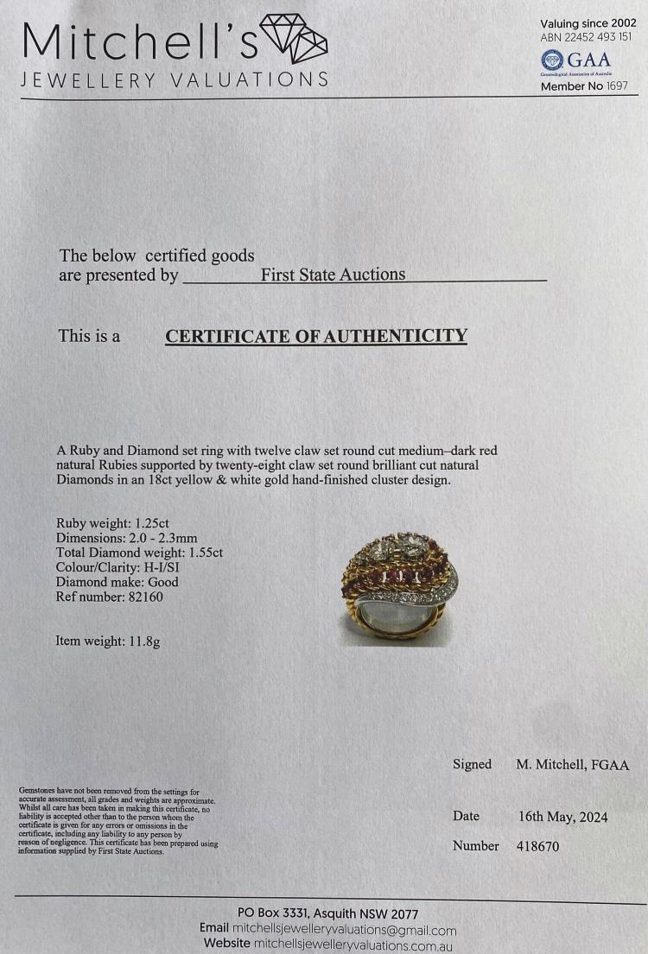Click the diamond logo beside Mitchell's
(x=294, y=39)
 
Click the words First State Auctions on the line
(x=333, y=275)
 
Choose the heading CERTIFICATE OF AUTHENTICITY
(x=316, y=336)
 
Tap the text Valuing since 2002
(x=588, y=23)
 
